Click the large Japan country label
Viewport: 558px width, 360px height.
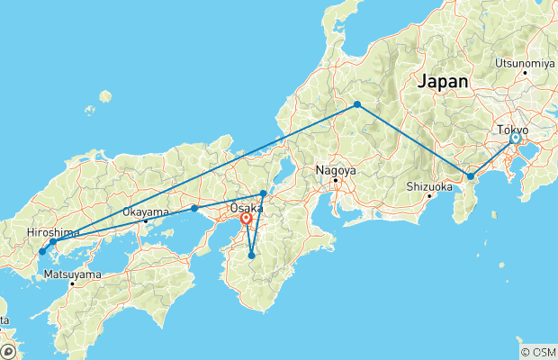442,81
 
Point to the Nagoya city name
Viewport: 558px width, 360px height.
336,170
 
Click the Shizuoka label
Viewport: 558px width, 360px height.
427,186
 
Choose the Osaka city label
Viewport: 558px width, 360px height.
247,207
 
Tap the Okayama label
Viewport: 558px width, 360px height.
145,212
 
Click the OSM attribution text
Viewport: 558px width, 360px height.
539,352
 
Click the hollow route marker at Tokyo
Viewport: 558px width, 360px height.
515,139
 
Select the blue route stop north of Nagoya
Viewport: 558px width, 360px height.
357,105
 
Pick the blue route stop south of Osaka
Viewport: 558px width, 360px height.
251,256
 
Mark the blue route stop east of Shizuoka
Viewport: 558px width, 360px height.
470,176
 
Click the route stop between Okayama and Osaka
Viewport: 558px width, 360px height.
194,209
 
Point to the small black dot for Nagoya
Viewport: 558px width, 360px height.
336,180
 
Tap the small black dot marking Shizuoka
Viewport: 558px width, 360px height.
429,195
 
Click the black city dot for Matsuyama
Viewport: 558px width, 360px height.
72,283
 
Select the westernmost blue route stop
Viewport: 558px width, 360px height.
41,251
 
